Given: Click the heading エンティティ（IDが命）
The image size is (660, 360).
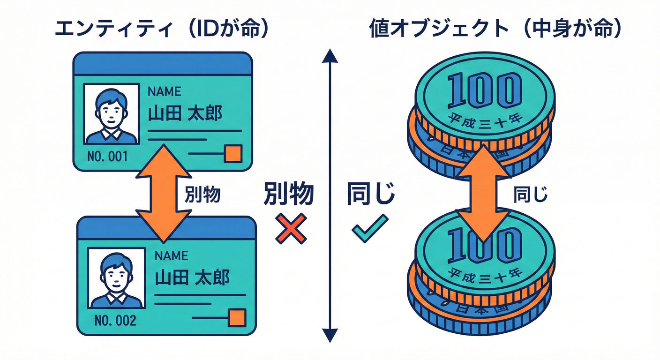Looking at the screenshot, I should point(162,29).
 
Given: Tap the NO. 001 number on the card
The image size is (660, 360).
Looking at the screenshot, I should point(107,156).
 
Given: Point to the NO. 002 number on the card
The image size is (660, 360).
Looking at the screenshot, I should point(115,321).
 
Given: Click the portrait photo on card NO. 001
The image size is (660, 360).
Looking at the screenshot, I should point(112,113).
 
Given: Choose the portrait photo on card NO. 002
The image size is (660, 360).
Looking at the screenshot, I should point(115,278).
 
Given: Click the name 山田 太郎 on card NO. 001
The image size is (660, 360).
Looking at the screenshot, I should point(185,113).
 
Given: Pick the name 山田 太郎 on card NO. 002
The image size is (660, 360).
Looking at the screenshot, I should point(192,277).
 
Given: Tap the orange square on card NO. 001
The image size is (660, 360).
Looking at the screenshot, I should point(232,154).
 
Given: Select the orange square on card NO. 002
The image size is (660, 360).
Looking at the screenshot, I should point(237,318).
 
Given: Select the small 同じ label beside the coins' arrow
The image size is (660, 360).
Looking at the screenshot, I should point(530,194).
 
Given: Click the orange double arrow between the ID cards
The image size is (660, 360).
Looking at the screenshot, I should point(162,193).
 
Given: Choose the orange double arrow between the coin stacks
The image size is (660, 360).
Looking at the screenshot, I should point(484,193).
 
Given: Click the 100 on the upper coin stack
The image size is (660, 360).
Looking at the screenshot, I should point(484,90).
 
